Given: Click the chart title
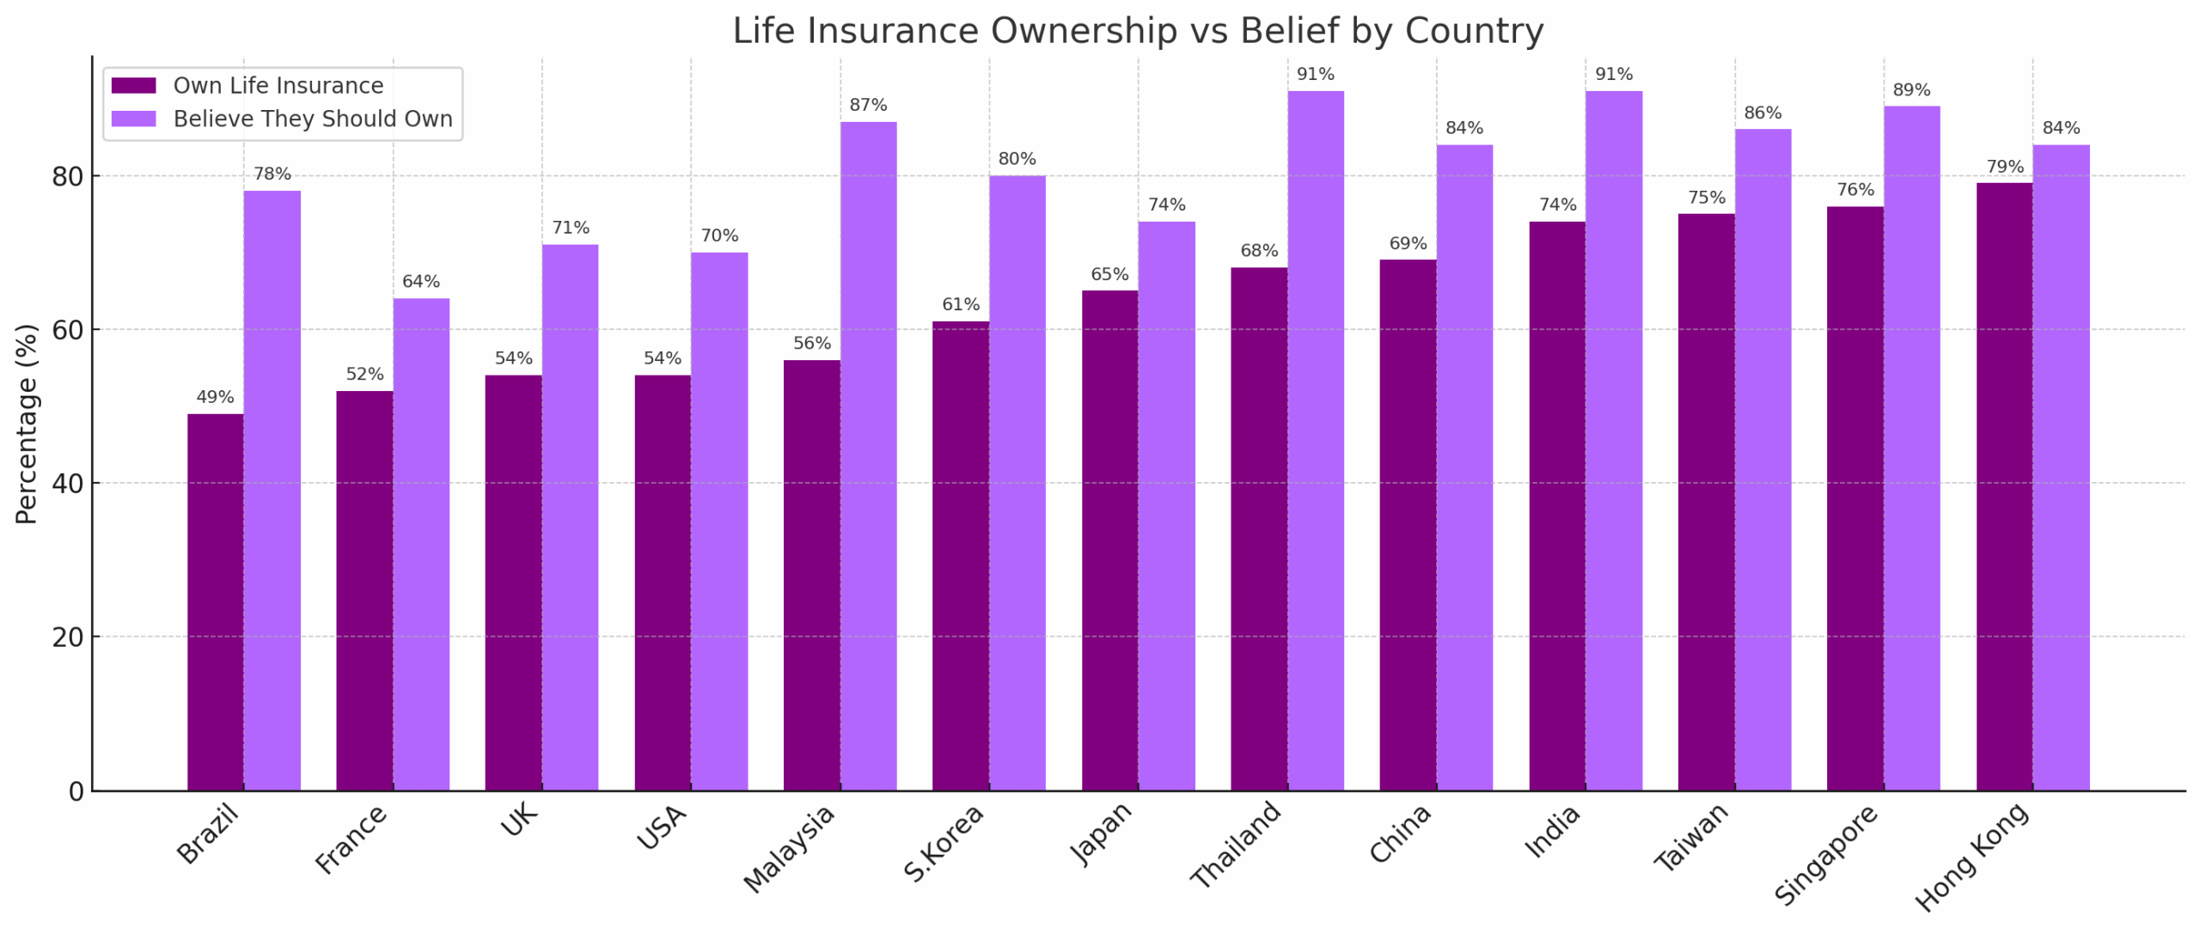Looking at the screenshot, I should pos(1137,31).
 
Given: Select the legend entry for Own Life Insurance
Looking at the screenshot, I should pos(278,86).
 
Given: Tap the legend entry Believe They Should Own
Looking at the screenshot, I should pos(312,119).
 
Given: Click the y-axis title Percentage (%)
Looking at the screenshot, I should pos(27,424).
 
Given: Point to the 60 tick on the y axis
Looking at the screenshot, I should pos(68,330).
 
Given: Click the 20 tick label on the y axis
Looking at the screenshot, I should pos(68,638).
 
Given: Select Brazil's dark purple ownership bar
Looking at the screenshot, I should pos(215,601).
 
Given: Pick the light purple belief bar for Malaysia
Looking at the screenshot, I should pos(868,455).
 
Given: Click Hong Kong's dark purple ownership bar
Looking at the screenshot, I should pos(2004,486).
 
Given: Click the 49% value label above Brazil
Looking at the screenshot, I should pos(215,397).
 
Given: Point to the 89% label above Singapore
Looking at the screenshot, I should pos(1911,90).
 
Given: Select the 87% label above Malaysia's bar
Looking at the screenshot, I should pos(868,105).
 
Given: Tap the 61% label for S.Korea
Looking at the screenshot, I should pos(960,305).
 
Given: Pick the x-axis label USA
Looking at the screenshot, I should pos(662,828).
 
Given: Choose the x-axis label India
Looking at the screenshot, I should pos(1551,832).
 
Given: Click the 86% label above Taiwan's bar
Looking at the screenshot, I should pos(1763,113).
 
